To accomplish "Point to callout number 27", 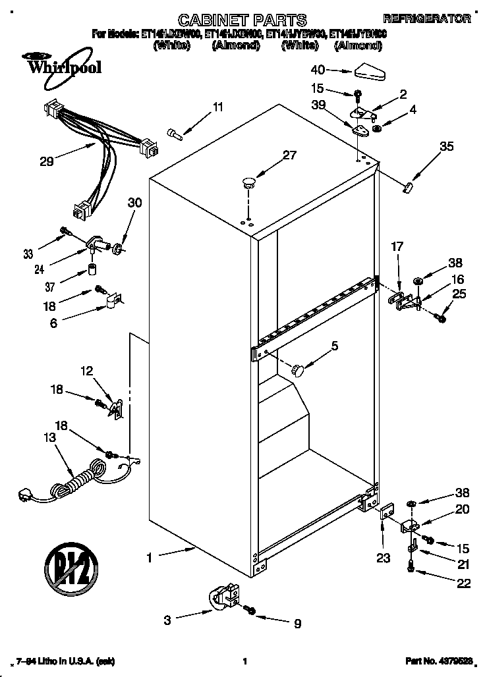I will (289, 155).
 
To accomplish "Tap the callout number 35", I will (446, 147).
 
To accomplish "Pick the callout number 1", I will (150, 557).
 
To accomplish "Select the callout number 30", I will (134, 203).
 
